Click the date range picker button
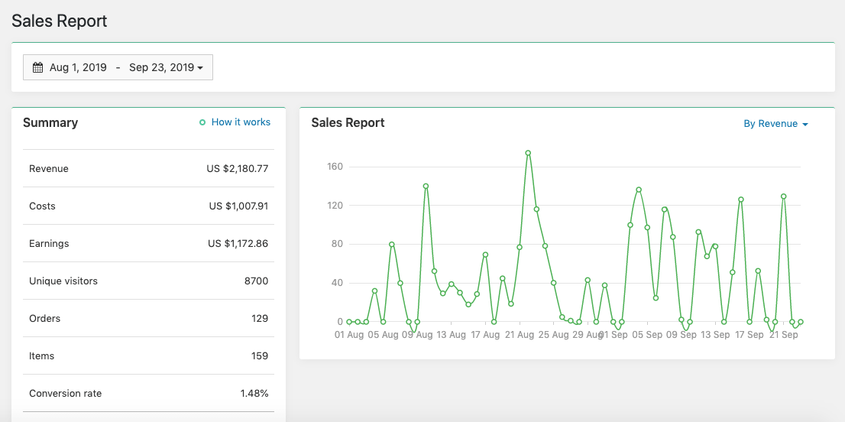coord(118,67)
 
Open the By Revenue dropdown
coord(775,124)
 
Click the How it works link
coord(240,122)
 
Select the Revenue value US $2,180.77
coord(237,169)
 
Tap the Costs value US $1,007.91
coord(238,206)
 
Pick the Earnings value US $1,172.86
coord(238,244)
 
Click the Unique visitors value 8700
coord(256,281)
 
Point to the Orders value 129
coord(260,319)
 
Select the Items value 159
coord(260,356)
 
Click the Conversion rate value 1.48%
coord(254,394)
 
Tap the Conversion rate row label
coord(65,394)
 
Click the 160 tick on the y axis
coord(335,167)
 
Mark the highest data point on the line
coord(528,153)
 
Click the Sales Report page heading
coord(60,21)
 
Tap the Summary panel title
coord(50,123)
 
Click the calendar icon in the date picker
coord(37,67)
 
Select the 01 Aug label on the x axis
coord(349,335)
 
